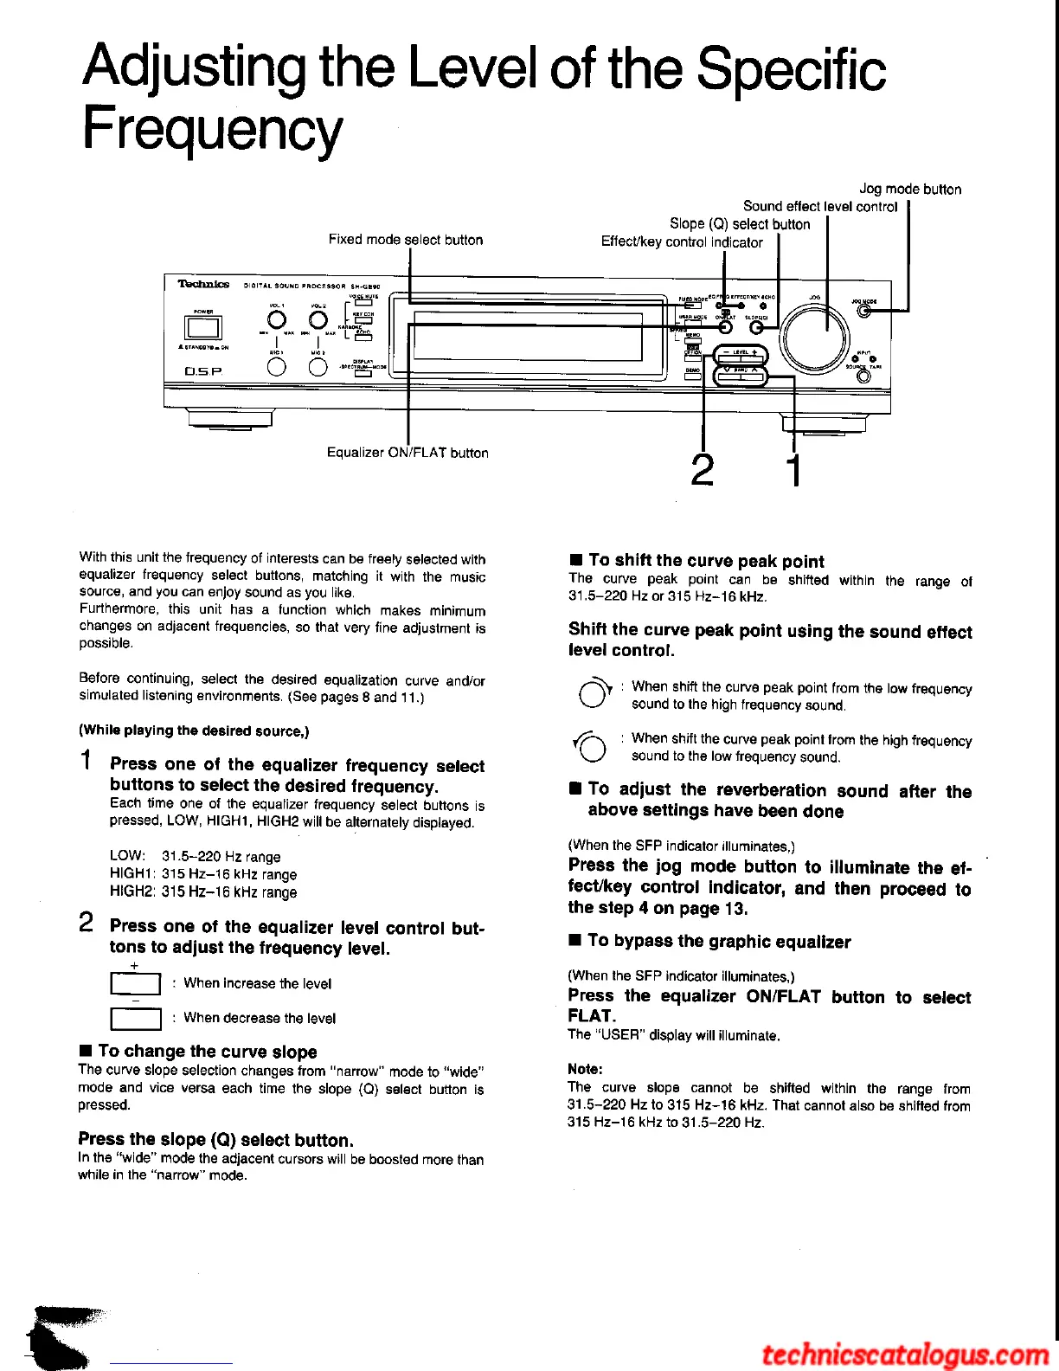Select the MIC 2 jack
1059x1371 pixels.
tap(318, 366)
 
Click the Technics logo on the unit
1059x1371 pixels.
tap(203, 284)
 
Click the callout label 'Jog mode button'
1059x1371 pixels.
tap(910, 189)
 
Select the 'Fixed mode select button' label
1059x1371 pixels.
tap(405, 240)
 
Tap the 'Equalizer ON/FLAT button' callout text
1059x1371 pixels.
tap(407, 453)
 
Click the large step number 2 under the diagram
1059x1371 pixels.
tap(703, 470)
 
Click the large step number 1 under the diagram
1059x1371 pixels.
tap(793, 470)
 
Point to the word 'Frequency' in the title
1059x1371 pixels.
tap(212, 130)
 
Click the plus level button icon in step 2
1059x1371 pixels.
tap(136, 984)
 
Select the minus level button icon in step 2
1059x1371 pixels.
tap(136, 1019)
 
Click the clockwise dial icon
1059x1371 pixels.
tap(594, 694)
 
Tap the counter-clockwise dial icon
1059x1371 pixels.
tap(592, 747)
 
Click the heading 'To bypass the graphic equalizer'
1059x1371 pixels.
tap(718, 942)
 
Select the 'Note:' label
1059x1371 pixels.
tap(585, 1069)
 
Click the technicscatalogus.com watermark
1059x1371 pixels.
tap(905, 1353)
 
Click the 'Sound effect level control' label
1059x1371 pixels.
tap(820, 206)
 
